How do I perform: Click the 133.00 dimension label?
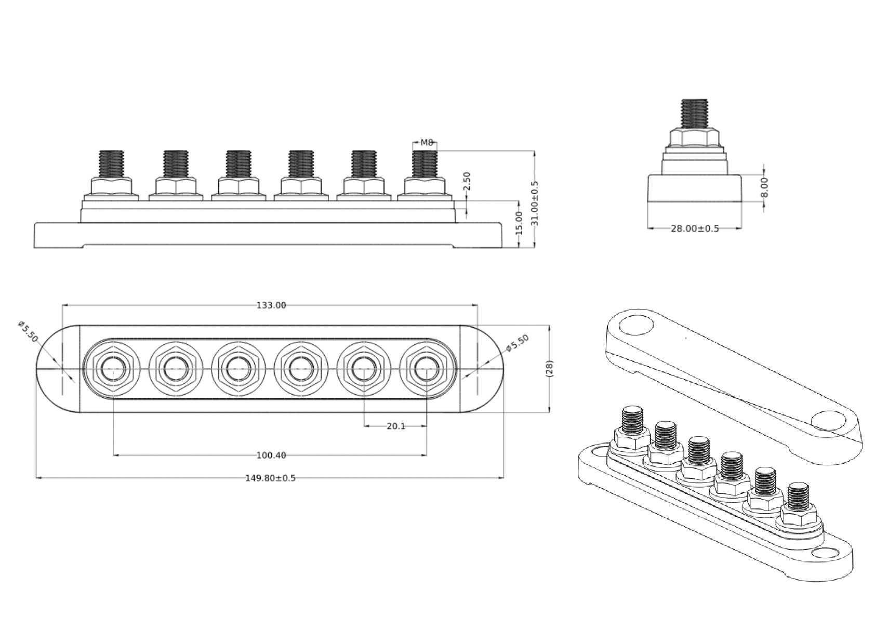[271, 305]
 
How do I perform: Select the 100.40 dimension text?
[271, 455]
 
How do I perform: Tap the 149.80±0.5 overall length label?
[270, 478]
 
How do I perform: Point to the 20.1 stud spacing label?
[395, 426]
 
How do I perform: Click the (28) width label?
[550, 368]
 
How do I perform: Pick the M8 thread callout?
[427, 142]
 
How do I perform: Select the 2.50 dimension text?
[466, 181]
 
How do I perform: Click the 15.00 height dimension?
[518, 222]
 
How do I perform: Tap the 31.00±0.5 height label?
[535, 203]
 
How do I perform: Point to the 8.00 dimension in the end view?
[763, 187]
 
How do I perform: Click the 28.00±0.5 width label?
[695, 228]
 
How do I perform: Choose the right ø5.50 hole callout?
[518, 344]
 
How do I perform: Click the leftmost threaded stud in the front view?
[111, 164]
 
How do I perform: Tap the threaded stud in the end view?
[694, 113]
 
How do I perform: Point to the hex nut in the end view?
[694, 138]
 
